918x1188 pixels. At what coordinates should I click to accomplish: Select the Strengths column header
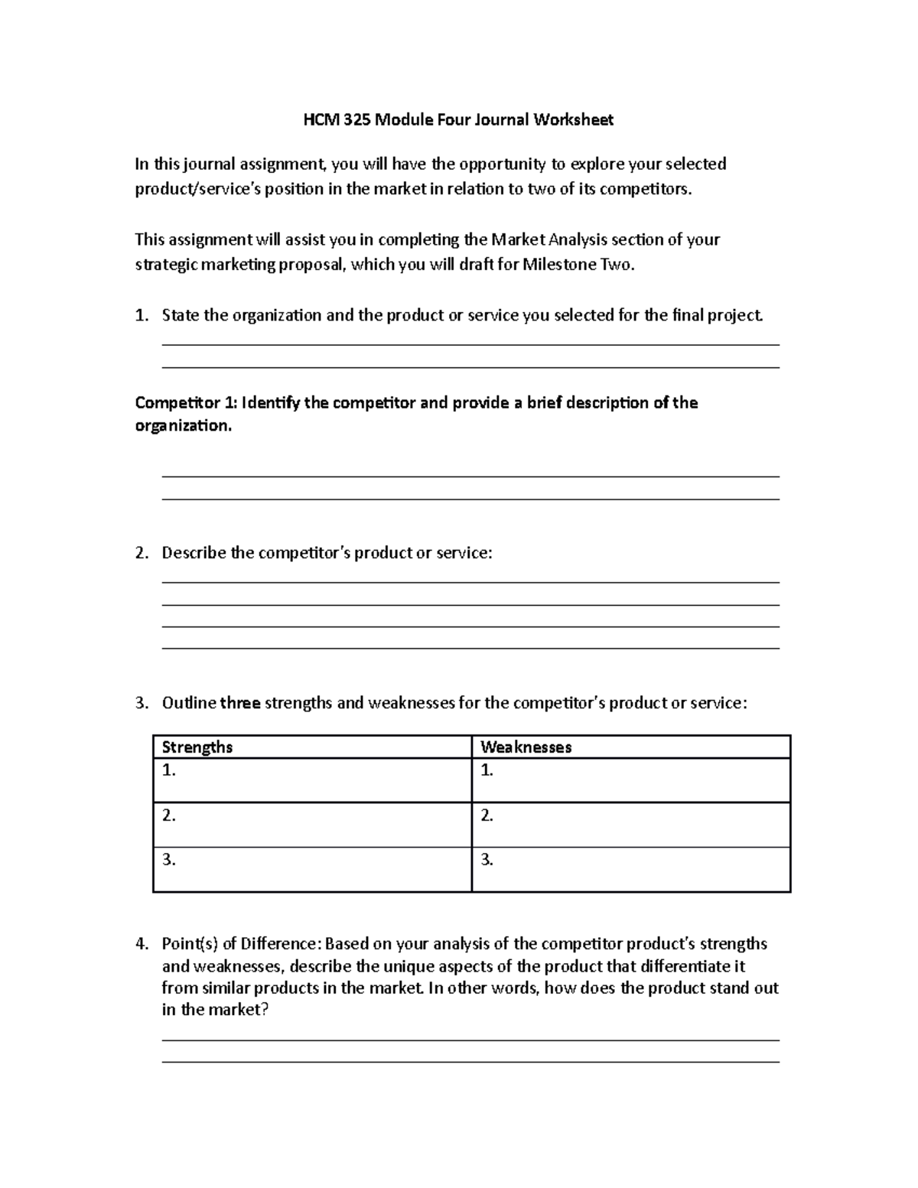point(197,747)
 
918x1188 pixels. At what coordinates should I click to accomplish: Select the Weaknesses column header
point(526,747)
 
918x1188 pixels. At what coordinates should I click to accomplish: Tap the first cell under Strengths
point(312,780)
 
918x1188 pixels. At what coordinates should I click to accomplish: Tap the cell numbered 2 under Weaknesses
point(631,825)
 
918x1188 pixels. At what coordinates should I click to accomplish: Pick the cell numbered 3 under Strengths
point(312,869)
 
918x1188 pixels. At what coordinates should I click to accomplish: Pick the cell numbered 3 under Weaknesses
point(631,869)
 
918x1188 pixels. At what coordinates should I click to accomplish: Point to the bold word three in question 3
point(241,703)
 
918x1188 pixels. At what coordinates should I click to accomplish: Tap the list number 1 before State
point(139,316)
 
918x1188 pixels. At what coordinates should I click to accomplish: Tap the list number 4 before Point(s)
point(139,944)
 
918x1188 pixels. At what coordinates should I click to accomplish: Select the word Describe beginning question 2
point(194,553)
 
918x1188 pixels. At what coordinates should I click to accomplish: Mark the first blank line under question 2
point(470,583)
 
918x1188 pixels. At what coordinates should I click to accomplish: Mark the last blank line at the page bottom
point(470,1062)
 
